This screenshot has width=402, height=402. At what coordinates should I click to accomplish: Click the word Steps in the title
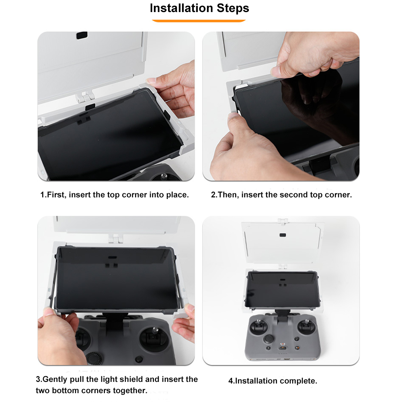point(233,8)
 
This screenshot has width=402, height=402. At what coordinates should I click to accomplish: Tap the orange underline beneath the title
point(199,21)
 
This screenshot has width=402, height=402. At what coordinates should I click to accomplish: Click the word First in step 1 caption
point(56,195)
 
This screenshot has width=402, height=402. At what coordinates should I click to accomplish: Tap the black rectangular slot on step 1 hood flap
point(82,35)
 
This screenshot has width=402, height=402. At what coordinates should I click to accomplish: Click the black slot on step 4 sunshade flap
point(283,235)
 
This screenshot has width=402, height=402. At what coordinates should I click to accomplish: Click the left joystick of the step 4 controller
point(259,326)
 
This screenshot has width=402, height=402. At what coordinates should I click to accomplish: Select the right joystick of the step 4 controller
point(306,326)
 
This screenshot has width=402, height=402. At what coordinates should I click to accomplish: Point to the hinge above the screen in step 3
point(116,238)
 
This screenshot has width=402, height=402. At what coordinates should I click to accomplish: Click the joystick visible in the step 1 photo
point(164,176)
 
